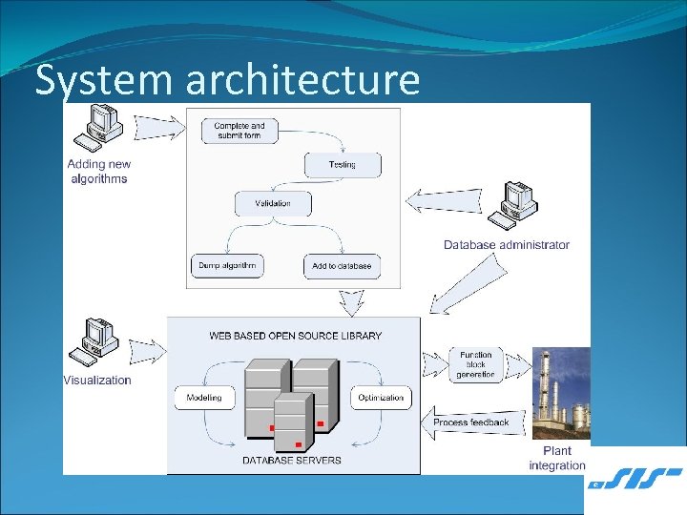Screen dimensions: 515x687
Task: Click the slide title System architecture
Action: coord(227,81)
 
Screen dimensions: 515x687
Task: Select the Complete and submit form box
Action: coord(239,130)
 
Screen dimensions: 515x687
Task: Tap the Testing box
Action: coord(342,165)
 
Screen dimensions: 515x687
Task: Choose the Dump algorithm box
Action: coord(227,266)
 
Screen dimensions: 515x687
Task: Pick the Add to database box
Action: coord(341,266)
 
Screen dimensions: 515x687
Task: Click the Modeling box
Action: coord(204,398)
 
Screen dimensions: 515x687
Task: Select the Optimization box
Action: coord(381,398)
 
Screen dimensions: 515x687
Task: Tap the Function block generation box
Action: coord(475,364)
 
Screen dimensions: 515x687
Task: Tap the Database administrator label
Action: coord(506,245)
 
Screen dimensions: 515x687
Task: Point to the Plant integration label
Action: coord(557,458)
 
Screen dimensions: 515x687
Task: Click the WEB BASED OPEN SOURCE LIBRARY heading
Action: coord(295,336)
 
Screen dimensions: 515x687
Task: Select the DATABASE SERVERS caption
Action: coord(291,461)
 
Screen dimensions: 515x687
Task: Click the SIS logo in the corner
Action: coord(635,480)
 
